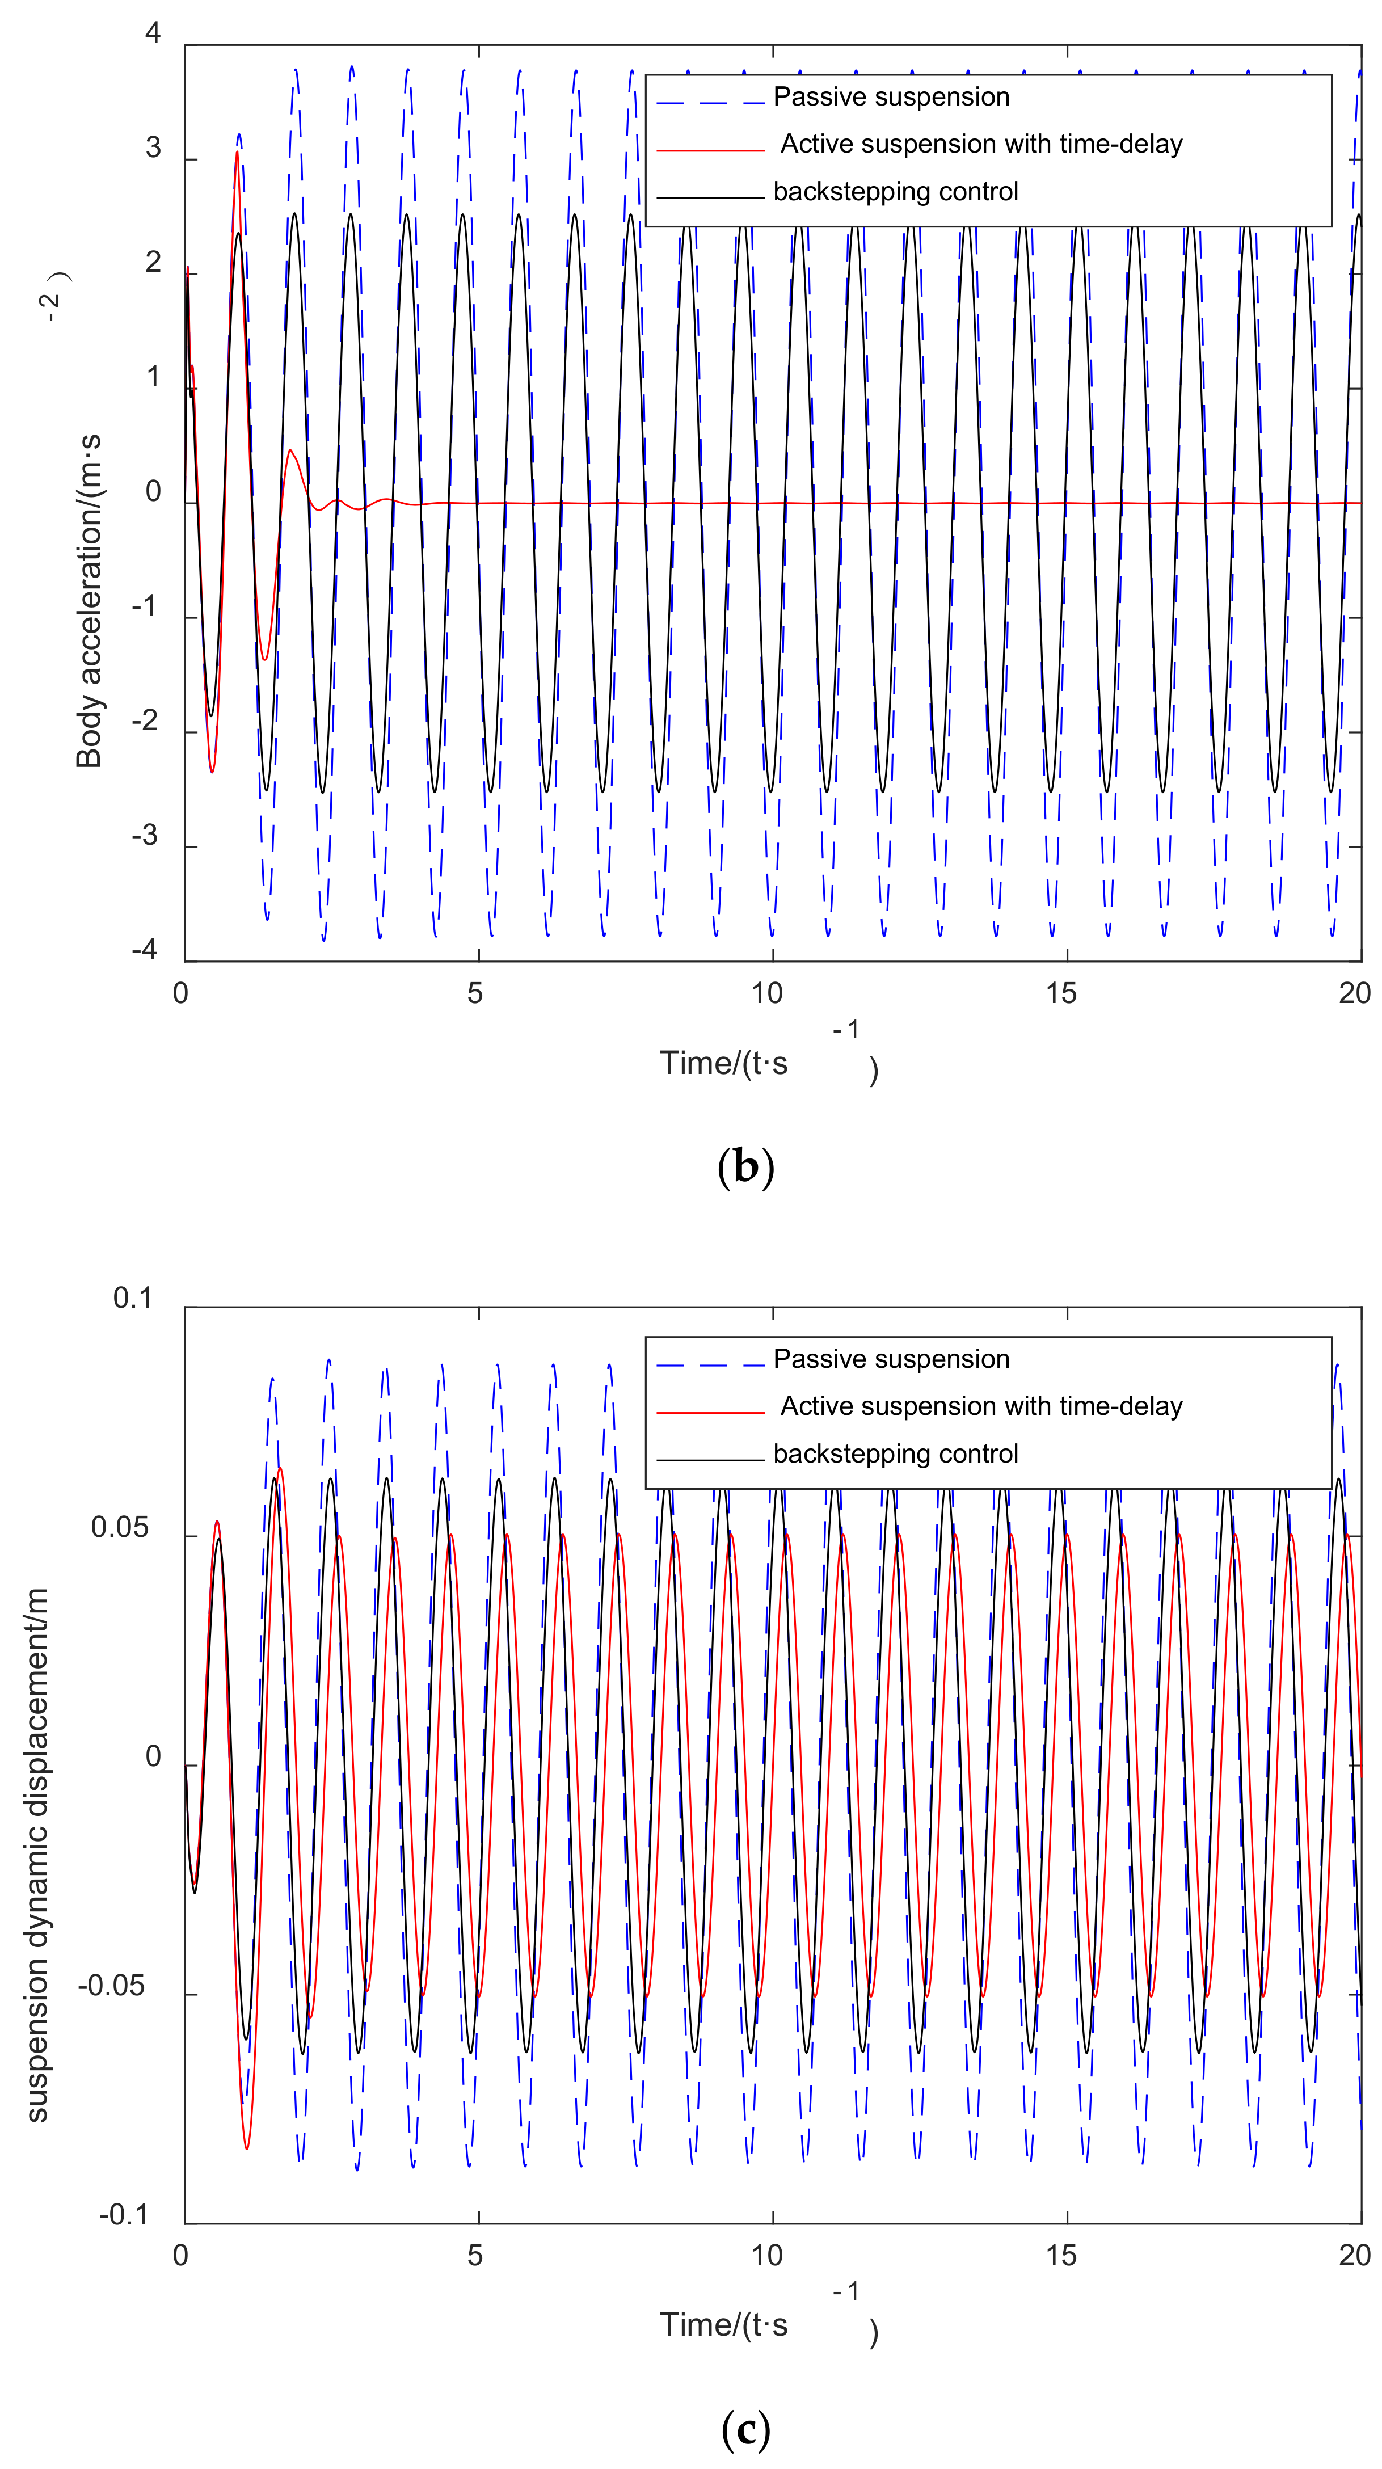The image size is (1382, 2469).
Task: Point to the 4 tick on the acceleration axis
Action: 153,33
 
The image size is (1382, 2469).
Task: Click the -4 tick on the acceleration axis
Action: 145,950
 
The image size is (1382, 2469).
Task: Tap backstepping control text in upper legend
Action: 895,192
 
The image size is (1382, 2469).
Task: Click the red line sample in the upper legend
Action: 710,150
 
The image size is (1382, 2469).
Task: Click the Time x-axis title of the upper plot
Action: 723,1063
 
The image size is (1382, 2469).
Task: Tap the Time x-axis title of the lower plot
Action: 723,2325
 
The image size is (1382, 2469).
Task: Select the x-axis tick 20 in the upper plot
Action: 1354,993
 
